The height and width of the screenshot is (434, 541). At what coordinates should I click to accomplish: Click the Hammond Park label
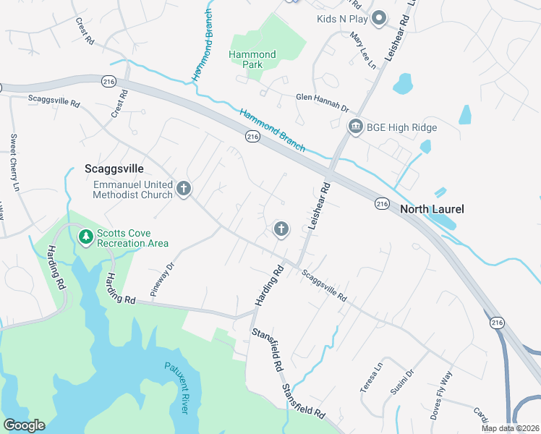click(x=252, y=59)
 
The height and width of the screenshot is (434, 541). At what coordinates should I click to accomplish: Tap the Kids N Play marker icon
click(x=378, y=20)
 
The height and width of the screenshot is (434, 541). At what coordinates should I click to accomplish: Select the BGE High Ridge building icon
click(x=355, y=128)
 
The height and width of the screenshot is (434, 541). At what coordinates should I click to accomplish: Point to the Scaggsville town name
click(x=114, y=168)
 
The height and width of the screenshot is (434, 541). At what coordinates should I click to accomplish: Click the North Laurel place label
click(x=432, y=210)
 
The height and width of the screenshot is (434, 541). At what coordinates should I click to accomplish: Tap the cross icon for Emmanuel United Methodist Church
click(x=184, y=190)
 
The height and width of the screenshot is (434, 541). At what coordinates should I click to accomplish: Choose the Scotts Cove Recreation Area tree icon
click(x=86, y=237)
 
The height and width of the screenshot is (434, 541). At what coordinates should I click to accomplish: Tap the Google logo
click(x=24, y=425)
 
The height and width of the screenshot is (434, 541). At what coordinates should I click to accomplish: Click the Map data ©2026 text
click(x=509, y=428)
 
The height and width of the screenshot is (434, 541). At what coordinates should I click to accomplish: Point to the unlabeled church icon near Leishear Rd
click(x=281, y=229)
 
